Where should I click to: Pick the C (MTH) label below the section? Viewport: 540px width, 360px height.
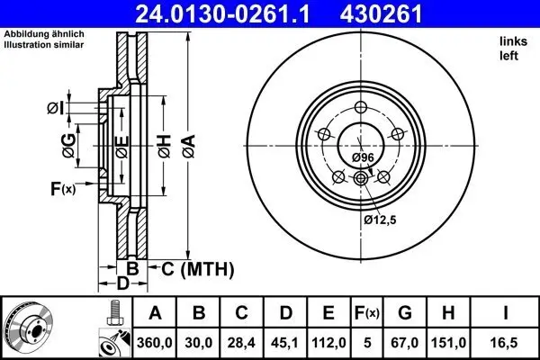pyautogui.click(x=197, y=268)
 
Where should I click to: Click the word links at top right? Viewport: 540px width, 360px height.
pyautogui.click(x=511, y=41)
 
